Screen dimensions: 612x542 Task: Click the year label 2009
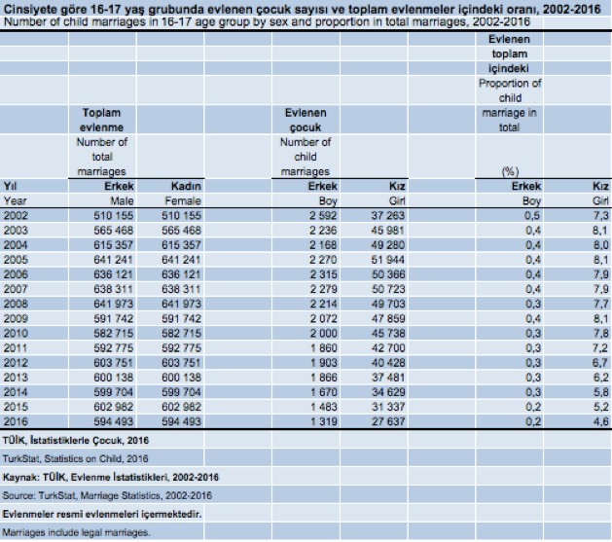click(x=16, y=318)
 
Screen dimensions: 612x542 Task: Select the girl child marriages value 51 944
click(x=388, y=260)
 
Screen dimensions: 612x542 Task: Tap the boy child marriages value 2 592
click(x=323, y=215)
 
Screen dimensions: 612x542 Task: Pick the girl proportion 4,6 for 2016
click(x=600, y=421)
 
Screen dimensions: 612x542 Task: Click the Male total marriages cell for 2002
click(x=114, y=215)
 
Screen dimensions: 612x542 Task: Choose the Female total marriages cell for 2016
click(x=182, y=421)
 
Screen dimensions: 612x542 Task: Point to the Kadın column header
click(x=186, y=186)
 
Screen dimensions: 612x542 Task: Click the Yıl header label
click(x=11, y=186)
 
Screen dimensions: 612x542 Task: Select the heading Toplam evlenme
click(x=101, y=120)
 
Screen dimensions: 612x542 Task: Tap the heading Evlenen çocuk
click(x=306, y=120)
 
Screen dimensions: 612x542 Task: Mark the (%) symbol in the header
click(x=510, y=171)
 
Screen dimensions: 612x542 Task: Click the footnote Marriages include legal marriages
click(x=76, y=532)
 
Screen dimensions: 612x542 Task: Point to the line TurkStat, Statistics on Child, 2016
click(x=75, y=458)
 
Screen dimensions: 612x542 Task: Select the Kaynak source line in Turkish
click(x=111, y=477)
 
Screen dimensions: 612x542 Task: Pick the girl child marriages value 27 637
click(x=388, y=421)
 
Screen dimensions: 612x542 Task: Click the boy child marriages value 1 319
click(x=324, y=421)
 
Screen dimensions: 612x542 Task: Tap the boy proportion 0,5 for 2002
click(x=532, y=215)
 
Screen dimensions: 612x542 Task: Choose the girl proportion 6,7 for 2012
click(x=600, y=363)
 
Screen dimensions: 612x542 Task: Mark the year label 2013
click(x=16, y=378)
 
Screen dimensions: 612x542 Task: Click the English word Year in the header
click(x=16, y=201)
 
